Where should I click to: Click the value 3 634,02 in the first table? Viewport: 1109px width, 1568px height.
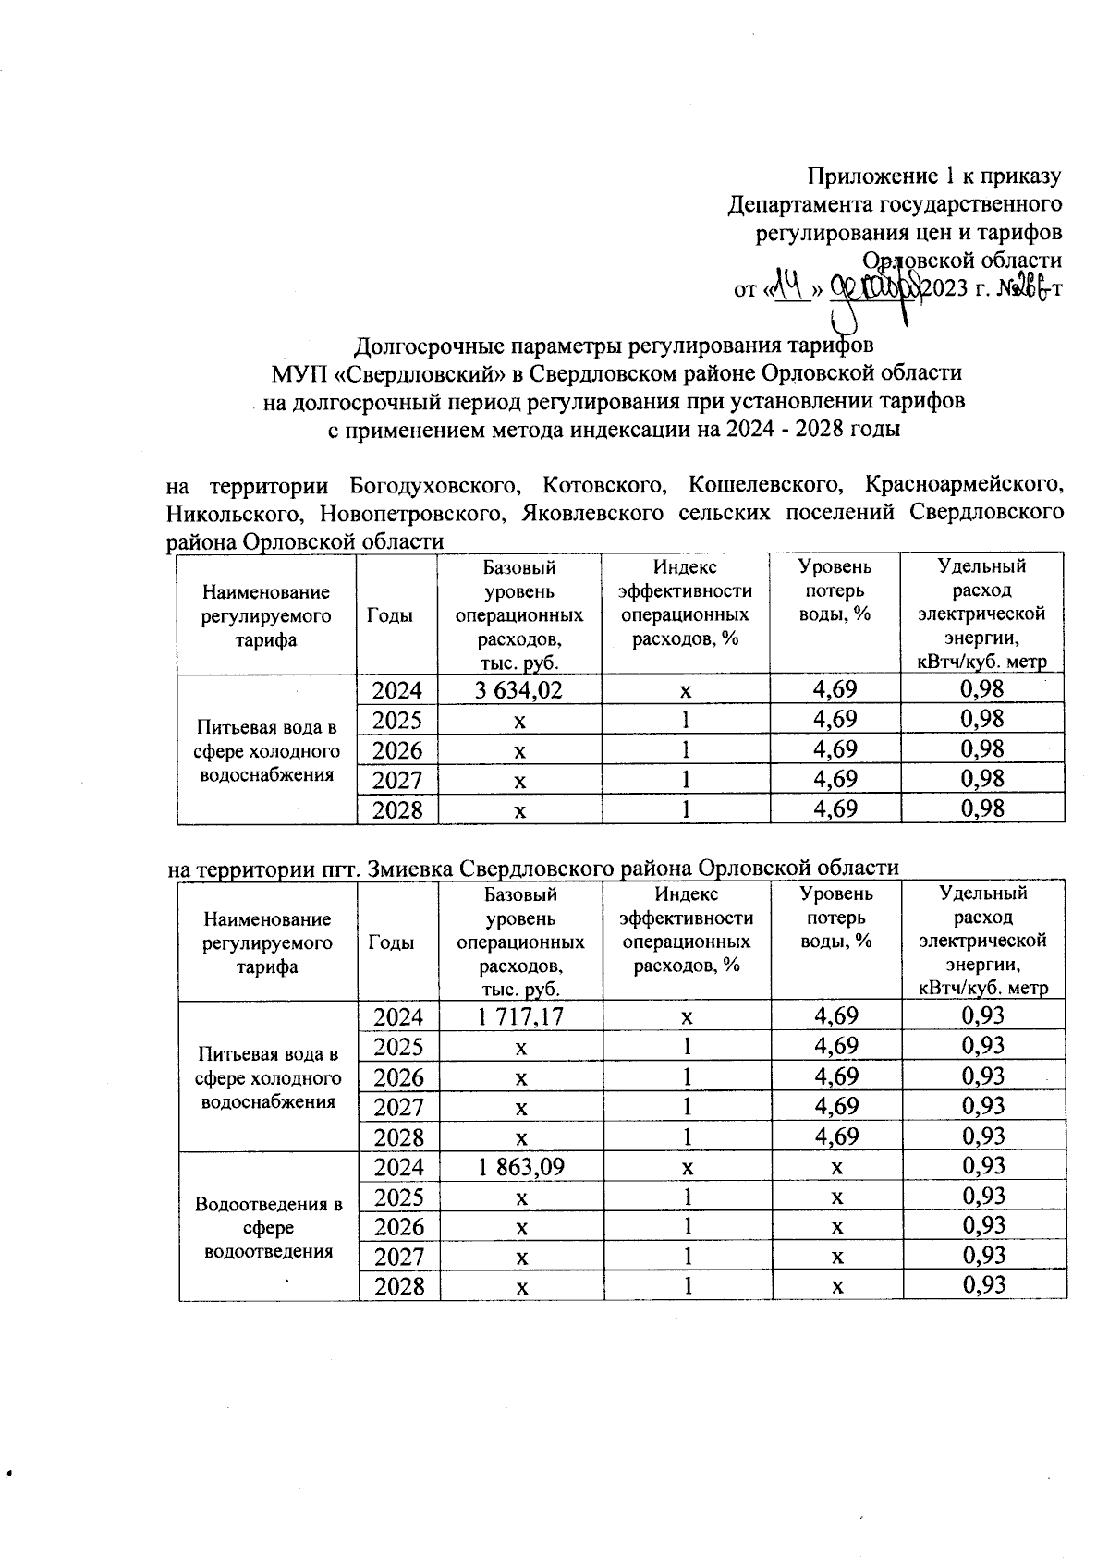pos(520,689)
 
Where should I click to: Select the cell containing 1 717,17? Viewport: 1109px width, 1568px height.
pos(521,1016)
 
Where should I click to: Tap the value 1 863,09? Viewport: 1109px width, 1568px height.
pos(521,1167)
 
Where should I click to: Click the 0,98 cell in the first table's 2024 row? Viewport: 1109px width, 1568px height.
pos(981,689)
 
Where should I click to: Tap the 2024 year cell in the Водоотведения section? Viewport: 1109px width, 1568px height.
pos(399,1167)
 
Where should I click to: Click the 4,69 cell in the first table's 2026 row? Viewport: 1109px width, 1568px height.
pos(835,749)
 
